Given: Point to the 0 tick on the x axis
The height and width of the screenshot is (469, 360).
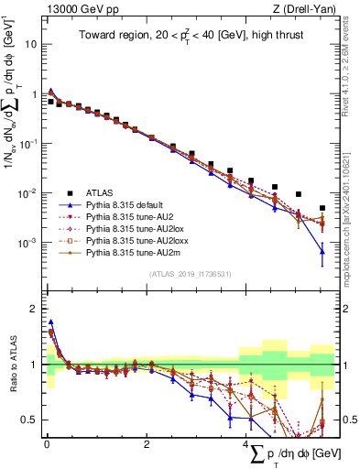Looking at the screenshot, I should [x=46, y=445].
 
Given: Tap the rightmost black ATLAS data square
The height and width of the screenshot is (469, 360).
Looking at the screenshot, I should [x=322, y=208].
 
